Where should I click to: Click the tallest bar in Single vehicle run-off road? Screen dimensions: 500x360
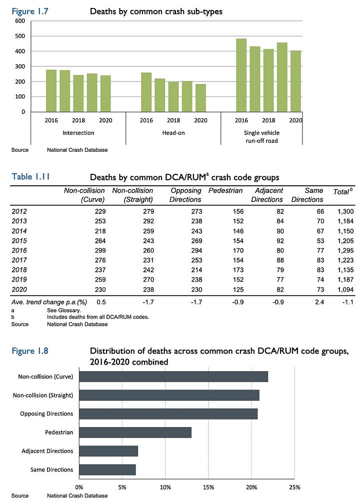[x=241, y=75]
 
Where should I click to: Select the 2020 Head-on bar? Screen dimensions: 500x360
[x=200, y=98]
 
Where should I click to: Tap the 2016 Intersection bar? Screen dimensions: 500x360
[x=51, y=90]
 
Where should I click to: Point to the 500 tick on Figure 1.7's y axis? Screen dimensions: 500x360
[x=19, y=36]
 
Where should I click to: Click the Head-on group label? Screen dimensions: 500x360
[x=173, y=133]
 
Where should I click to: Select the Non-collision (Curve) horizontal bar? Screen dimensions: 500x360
[x=173, y=377]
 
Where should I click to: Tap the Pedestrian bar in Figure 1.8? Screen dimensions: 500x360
[x=135, y=432]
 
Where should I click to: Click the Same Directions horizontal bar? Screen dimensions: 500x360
[x=107, y=470]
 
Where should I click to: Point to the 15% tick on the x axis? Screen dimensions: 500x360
[x=208, y=488]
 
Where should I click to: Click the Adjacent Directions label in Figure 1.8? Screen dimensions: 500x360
[x=47, y=451]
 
